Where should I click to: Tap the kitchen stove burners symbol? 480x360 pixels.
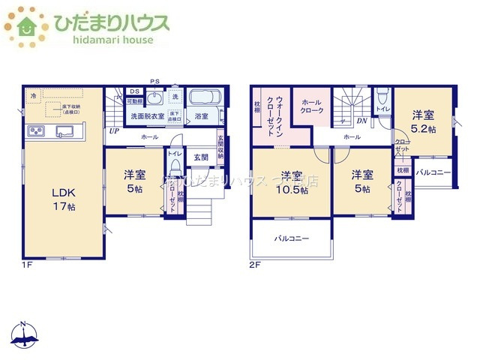35,132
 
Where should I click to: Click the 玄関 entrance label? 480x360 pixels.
200,157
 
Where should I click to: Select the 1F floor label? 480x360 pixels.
26,265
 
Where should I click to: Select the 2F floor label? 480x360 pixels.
254,265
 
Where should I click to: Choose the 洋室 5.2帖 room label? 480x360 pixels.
421,121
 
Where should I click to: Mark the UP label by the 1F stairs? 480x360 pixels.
114,131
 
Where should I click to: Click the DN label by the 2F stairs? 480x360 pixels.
361,121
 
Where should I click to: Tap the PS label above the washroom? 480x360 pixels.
155,80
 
